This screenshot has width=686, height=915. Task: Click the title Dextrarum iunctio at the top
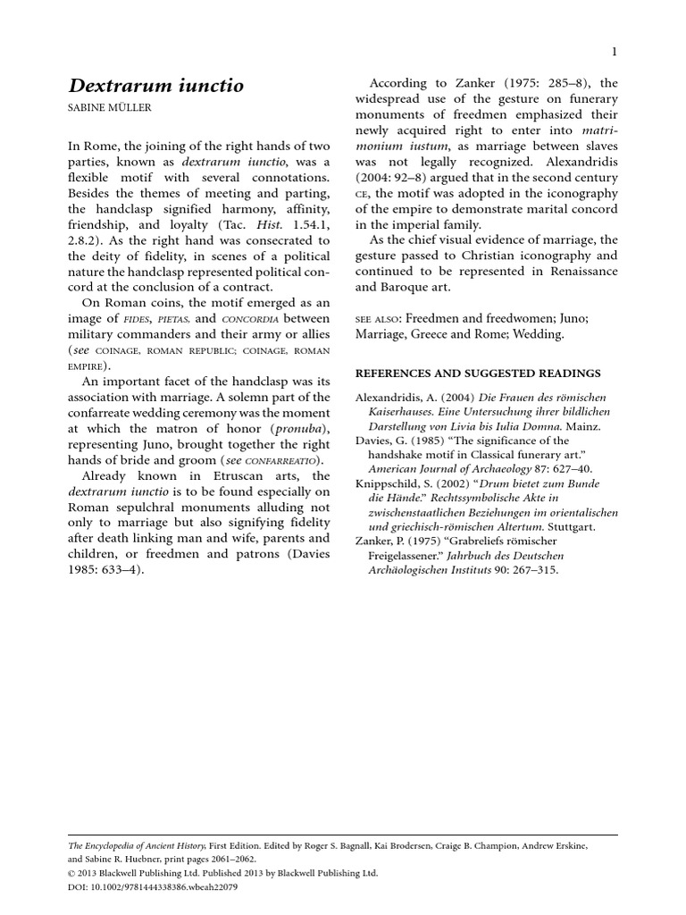click(x=156, y=86)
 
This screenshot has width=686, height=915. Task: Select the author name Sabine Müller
click(x=113, y=109)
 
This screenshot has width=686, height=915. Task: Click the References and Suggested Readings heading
click(x=478, y=374)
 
